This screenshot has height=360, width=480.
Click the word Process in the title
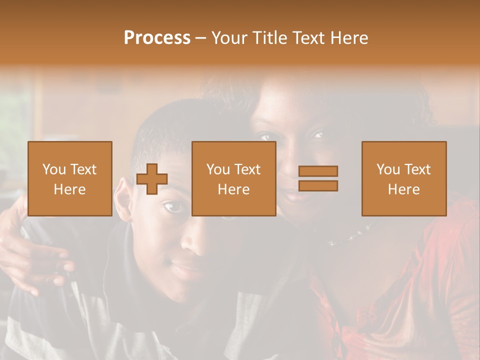tap(157, 38)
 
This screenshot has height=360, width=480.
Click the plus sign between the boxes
tap(152, 179)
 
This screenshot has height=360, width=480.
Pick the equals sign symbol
tap(318, 178)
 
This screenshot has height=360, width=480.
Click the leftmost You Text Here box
tap(69, 178)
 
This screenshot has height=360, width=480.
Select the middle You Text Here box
tap(233, 178)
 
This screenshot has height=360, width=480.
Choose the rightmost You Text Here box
tap(403, 178)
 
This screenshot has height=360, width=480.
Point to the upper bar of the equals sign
tap(318, 171)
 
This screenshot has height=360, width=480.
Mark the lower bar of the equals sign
tap(318, 185)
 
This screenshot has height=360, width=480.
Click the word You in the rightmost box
tap(388, 169)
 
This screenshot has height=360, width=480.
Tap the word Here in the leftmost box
tap(69, 189)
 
